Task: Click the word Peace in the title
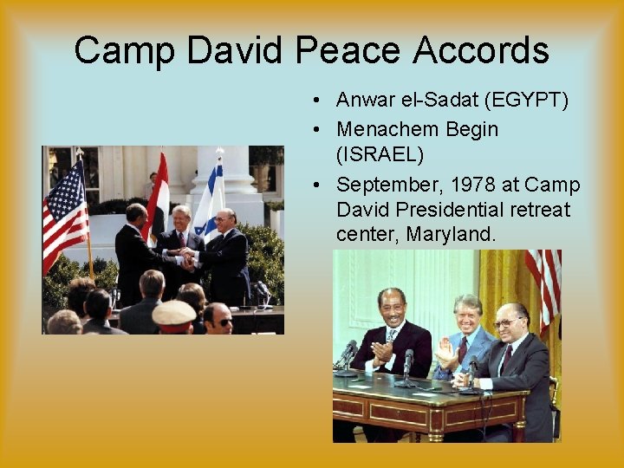pos(348,50)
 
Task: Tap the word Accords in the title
pos(481,50)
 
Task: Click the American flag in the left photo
pos(65,217)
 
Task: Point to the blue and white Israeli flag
pos(211,199)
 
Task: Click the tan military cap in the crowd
pos(173,313)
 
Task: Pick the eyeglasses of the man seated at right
pos(506,322)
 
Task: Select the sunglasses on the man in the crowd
pos(222,322)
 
